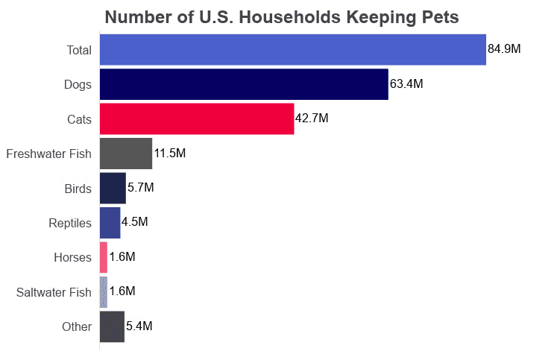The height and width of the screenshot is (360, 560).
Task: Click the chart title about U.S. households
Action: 282,16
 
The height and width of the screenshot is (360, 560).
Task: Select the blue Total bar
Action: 292,50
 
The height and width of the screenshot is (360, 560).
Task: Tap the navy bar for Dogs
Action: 243,84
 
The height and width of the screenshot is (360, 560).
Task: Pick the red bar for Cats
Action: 196,119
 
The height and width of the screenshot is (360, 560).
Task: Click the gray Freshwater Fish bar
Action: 125,154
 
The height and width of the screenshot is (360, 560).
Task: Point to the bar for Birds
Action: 113,188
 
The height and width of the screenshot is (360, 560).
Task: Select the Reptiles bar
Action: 110,222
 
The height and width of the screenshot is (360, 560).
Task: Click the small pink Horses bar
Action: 104,257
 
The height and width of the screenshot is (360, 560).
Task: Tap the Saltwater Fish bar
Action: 104,291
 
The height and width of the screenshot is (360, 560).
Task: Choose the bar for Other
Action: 112,326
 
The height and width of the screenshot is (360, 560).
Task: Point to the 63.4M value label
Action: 406,84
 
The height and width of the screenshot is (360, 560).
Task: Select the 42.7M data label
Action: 312,119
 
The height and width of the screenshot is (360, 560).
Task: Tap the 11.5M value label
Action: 169,154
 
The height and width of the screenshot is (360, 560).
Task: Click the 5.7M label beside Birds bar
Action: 141,188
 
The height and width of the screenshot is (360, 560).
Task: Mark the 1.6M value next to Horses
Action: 122,257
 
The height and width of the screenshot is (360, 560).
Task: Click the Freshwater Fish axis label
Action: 48,154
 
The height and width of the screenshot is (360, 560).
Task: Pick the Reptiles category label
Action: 70,223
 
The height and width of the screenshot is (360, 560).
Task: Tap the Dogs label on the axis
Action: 78,85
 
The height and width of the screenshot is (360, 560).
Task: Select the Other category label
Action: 78,326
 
